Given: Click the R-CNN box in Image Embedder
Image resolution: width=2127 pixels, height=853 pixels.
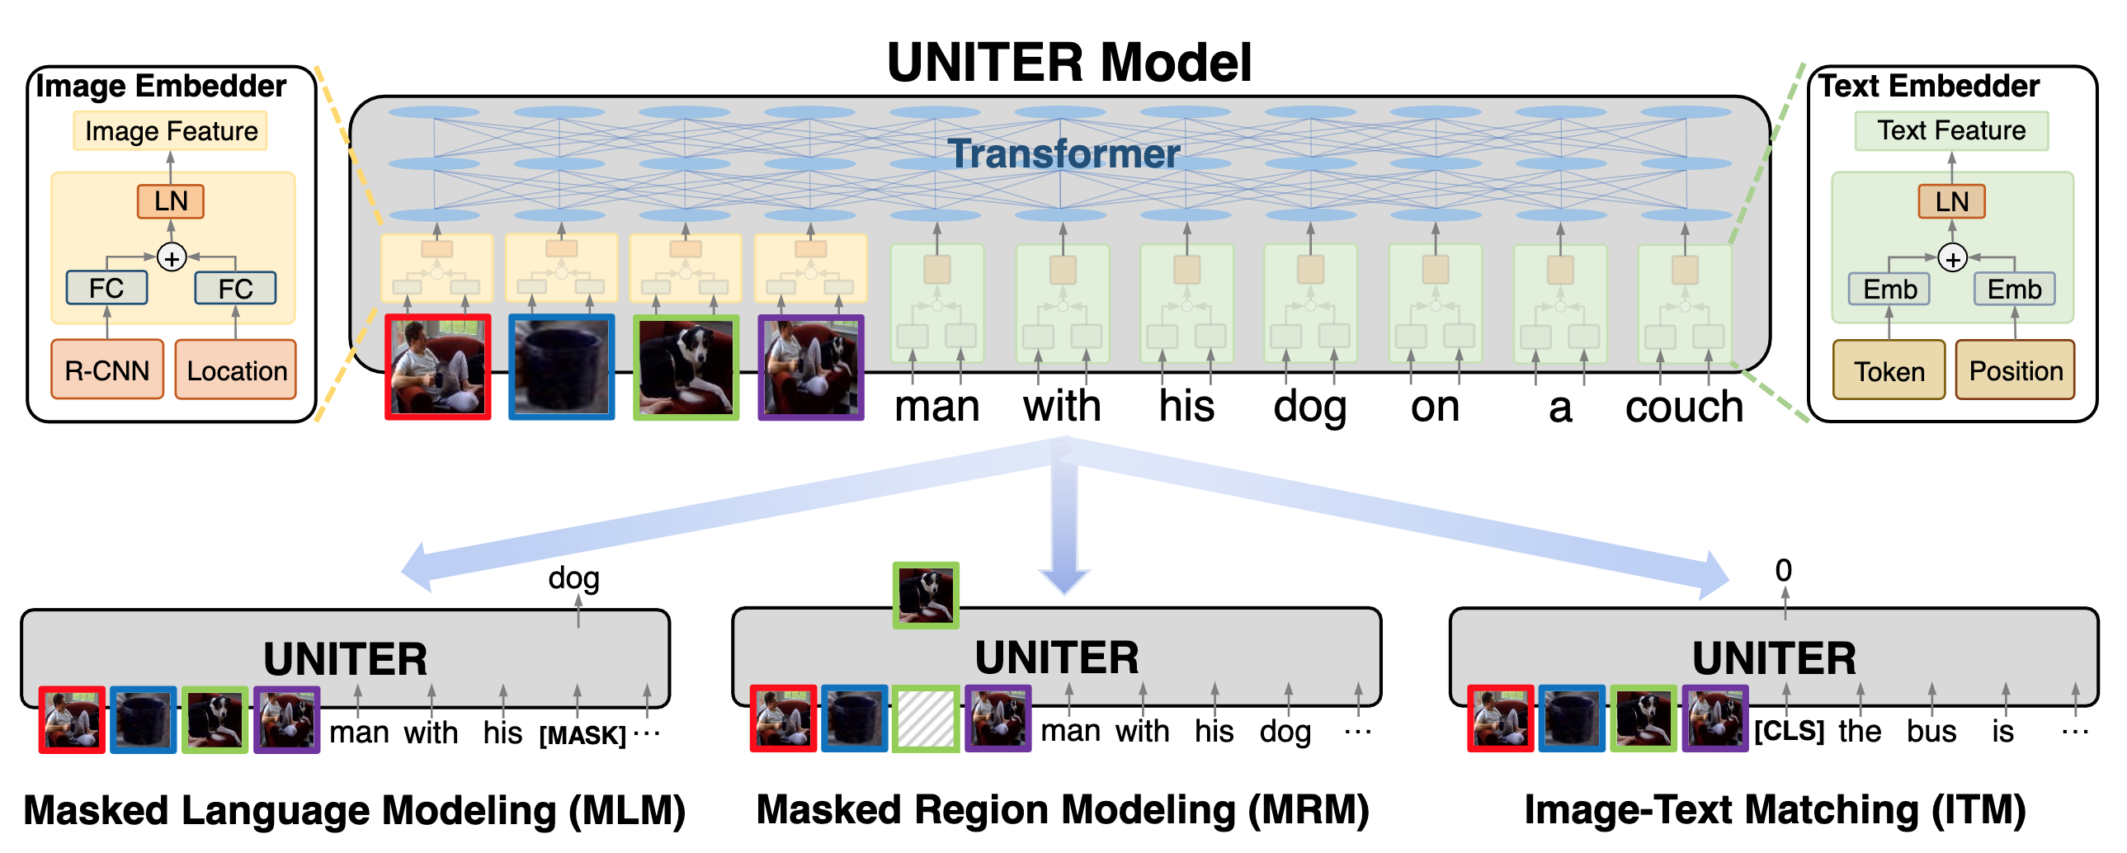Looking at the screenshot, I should pyautogui.click(x=106, y=370).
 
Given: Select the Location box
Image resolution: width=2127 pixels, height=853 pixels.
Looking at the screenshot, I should pyautogui.click(x=236, y=370).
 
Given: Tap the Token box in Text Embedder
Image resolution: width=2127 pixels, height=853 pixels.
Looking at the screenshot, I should pyautogui.click(x=1889, y=370).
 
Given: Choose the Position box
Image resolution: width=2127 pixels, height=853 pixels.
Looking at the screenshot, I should pyautogui.click(x=2015, y=370).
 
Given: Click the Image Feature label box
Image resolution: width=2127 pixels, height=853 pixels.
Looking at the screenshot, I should pyautogui.click(x=171, y=130).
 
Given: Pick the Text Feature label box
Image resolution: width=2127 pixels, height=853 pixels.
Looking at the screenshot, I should pyautogui.click(x=1951, y=130).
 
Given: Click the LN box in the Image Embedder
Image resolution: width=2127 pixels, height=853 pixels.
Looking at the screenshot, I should pyautogui.click(x=171, y=200).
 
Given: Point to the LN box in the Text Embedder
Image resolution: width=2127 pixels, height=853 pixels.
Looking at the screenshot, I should pyautogui.click(x=1951, y=200).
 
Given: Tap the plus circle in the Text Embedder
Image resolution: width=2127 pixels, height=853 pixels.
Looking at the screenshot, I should pyautogui.click(x=1952, y=259).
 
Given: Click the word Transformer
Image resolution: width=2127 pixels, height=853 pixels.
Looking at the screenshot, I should pyautogui.click(x=1063, y=153).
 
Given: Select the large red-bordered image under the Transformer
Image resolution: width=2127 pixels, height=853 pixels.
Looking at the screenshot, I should pyautogui.click(x=437, y=366).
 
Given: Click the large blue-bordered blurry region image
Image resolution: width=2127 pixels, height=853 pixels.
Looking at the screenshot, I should pyautogui.click(x=562, y=366).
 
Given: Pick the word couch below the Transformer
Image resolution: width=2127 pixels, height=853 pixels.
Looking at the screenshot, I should pyautogui.click(x=1684, y=407).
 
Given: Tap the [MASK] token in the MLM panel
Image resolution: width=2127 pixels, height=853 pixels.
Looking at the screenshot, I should pyautogui.click(x=582, y=734).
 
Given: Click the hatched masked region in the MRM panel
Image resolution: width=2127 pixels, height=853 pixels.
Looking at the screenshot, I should pyautogui.click(x=926, y=719).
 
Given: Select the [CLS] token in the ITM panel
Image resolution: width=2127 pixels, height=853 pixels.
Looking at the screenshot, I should pyautogui.click(x=1789, y=731).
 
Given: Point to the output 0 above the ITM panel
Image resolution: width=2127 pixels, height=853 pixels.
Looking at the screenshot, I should pyautogui.click(x=1784, y=571).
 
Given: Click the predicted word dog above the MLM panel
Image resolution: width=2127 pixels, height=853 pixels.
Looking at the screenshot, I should pyautogui.click(x=574, y=578).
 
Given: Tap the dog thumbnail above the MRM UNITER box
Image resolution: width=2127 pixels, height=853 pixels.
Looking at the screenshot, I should pyautogui.click(x=926, y=596).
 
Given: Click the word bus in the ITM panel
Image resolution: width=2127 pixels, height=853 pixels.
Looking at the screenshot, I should pyautogui.click(x=1931, y=732).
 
